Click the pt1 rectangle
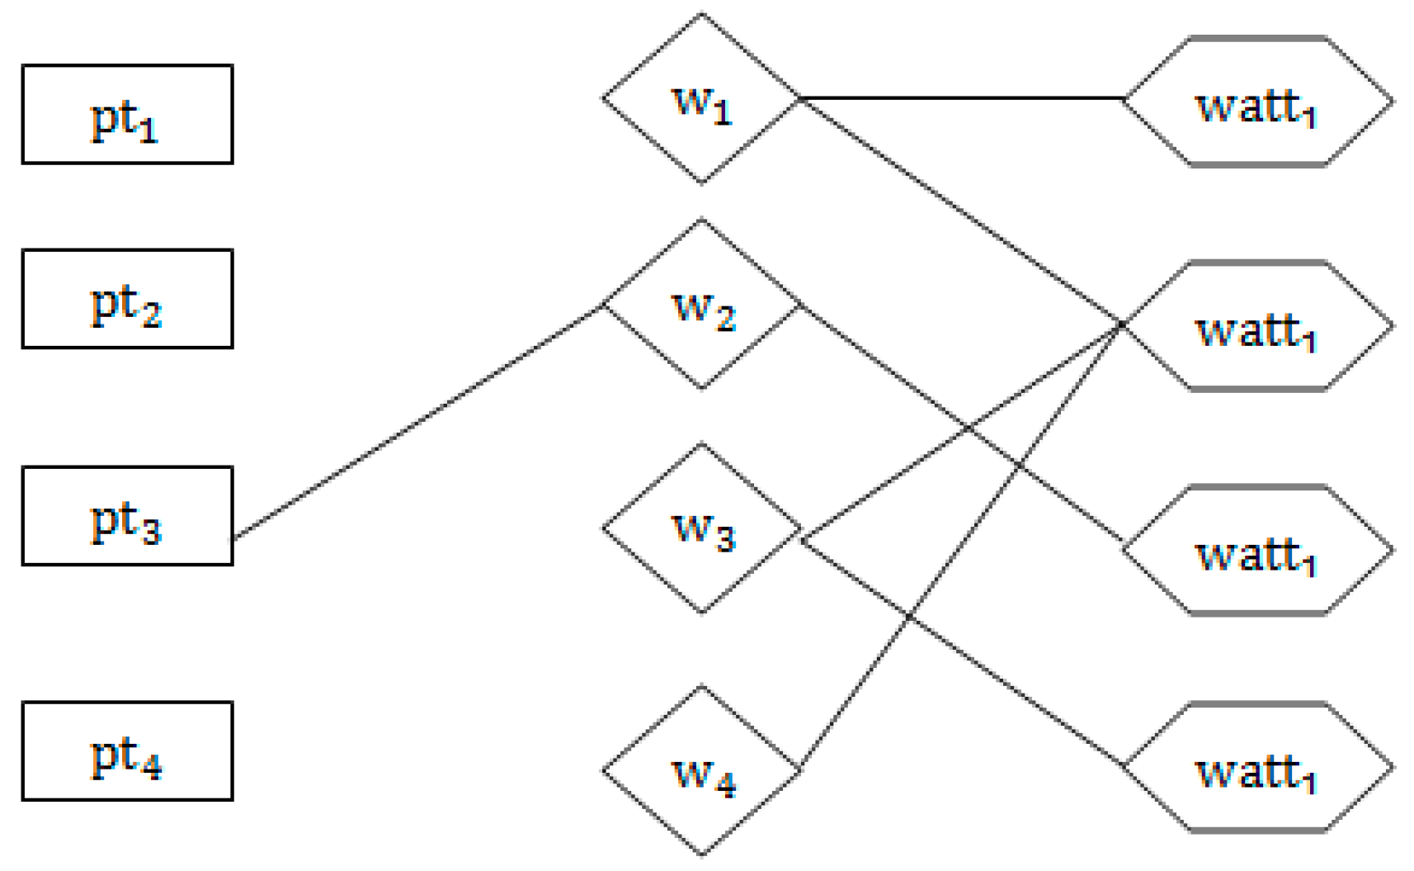pyautogui.click(x=127, y=114)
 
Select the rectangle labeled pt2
pyautogui.click(x=127, y=299)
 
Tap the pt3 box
pyautogui.click(x=127, y=516)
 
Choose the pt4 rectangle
pyautogui.click(x=127, y=751)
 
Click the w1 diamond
pyautogui.click(x=701, y=98)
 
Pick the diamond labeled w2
pyautogui.click(x=701, y=304)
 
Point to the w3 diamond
pyautogui.click(x=701, y=528)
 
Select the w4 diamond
pyautogui.click(x=701, y=770)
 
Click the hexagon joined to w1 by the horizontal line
pyautogui.click(x=1258, y=102)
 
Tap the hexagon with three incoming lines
pyautogui.click(x=1258, y=326)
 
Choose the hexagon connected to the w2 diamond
pyautogui.click(x=1258, y=551)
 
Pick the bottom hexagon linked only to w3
pyautogui.click(x=1258, y=768)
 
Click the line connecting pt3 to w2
pyautogui.click(x=418, y=422)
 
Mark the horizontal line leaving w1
pyautogui.click(x=961, y=98)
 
